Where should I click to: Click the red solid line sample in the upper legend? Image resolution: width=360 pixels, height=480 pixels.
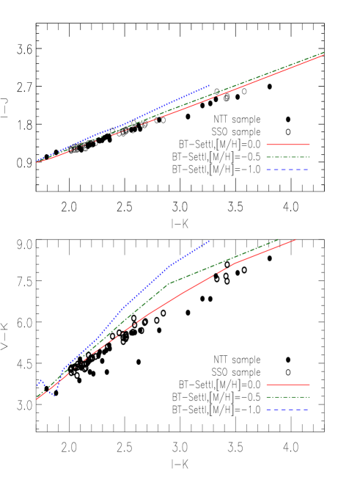[x=288, y=145]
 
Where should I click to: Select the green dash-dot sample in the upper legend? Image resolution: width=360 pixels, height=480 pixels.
[x=288, y=157]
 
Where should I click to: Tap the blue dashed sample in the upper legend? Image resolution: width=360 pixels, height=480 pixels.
[x=288, y=170]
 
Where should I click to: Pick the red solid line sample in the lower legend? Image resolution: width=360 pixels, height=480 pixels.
[x=288, y=385]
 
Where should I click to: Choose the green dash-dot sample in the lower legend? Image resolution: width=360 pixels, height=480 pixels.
[x=288, y=397]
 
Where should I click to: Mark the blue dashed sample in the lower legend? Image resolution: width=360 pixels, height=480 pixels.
[x=288, y=410]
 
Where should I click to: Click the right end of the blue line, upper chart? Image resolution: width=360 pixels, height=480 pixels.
[x=210, y=85]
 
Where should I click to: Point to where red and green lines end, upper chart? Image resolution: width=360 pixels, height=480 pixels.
[x=324, y=53]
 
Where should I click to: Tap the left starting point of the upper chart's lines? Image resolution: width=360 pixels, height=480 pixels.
[x=37, y=161]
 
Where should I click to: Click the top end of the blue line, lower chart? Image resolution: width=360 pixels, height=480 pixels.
[x=210, y=240]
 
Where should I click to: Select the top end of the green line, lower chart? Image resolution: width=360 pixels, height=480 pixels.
[x=279, y=239]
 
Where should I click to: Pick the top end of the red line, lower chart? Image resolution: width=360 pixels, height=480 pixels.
[x=295, y=239]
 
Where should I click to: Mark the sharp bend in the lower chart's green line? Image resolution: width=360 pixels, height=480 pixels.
[x=170, y=283]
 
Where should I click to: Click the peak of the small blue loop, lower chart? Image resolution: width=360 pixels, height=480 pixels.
[x=41, y=380]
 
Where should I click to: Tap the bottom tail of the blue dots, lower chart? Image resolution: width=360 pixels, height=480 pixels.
[x=54, y=396]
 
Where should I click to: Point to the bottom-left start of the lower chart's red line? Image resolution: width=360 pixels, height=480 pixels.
[x=37, y=400]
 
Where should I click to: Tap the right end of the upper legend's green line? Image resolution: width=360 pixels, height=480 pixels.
[x=309, y=157]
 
